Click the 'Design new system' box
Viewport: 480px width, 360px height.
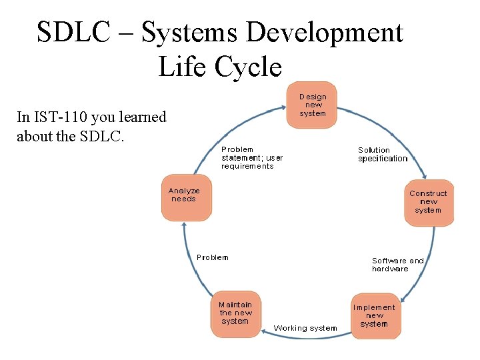click(x=312, y=105)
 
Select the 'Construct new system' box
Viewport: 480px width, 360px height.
click(x=428, y=203)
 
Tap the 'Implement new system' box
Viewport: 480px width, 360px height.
click(x=374, y=316)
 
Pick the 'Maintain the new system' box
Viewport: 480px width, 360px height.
click(x=235, y=313)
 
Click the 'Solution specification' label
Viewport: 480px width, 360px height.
click(x=382, y=155)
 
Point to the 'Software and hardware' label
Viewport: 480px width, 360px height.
click(x=397, y=265)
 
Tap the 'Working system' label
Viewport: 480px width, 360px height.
click(x=305, y=328)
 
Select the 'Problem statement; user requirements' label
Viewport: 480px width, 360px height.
click(x=252, y=158)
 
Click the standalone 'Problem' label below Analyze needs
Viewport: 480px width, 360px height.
click(x=212, y=257)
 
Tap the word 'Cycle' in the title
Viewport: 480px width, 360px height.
click(x=253, y=67)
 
